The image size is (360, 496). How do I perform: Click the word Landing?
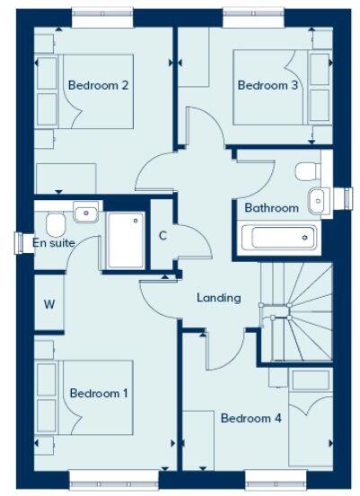219,298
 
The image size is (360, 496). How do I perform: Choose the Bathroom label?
271,208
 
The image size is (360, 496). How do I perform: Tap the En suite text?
54,242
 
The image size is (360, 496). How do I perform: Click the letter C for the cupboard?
162,236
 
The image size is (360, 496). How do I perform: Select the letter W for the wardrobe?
49,304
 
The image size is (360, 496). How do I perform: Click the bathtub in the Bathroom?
279,239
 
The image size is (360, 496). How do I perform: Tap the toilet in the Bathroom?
306,170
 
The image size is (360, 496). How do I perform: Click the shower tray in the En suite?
126,239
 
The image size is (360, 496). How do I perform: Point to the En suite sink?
85,213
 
